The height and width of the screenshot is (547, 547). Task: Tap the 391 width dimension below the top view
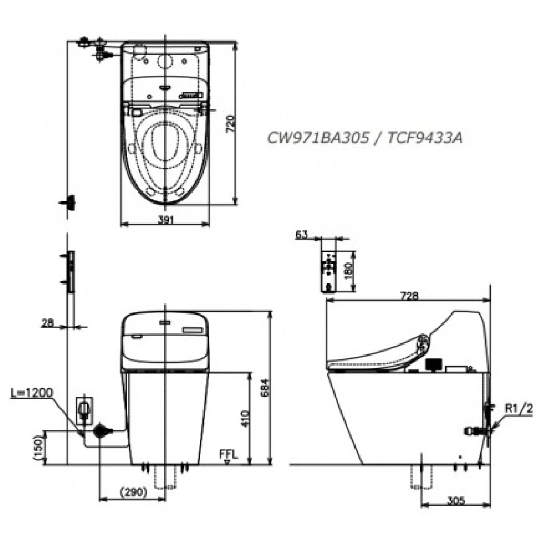coord(165,220)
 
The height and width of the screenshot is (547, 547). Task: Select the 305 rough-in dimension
coord(455,501)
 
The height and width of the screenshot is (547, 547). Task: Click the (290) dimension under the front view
coord(132,492)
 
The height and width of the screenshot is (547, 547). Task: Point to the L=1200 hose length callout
coord(32,392)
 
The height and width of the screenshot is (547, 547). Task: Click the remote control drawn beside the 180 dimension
coord(329,270)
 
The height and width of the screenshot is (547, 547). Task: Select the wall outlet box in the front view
coord(84,410)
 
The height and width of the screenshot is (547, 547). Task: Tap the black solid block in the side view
coord(433,363)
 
